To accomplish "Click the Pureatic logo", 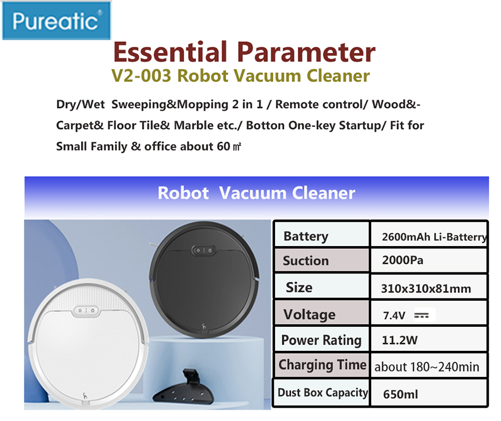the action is tap(56, 21).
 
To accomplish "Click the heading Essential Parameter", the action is tap(244, 52).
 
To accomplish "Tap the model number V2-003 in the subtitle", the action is tap(141, 76).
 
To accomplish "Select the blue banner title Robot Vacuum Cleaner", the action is tap(256, 193).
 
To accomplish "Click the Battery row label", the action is tap(306, 237).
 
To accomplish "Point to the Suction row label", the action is tap(306, 261).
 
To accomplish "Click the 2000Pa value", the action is tap(402, 260).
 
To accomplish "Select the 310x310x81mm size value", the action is tap(426, 288).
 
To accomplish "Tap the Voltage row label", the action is tap(310, 315).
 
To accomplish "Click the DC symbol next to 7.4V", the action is tap(421, 316).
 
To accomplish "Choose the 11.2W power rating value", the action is tap(400, 340).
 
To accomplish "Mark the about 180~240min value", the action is tap(427, 367).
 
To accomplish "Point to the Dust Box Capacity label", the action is tap(323, 393).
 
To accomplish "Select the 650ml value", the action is tap(400, 394).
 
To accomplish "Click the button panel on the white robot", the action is tap(86, 311).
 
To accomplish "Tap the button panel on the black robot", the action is tap(204, 250).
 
